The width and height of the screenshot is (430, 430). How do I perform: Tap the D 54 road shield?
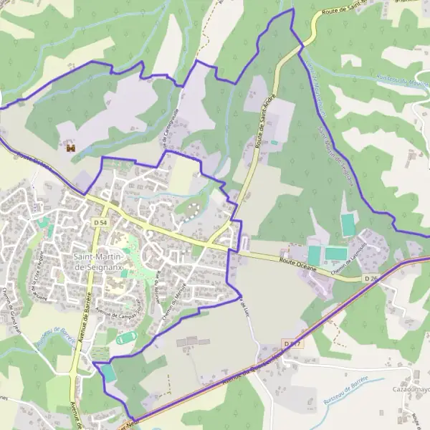pos(101,224)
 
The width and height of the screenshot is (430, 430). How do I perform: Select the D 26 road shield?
pos(370,277)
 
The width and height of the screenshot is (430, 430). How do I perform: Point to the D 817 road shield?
pos(290,345)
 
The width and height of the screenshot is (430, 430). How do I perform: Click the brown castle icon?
pos(70,148)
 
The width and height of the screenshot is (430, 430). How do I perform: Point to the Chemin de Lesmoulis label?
pos(351,252)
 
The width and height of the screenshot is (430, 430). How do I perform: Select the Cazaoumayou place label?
pos(409,389)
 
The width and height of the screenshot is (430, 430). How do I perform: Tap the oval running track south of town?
pos(126,338)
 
